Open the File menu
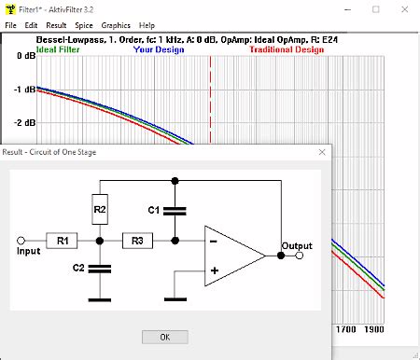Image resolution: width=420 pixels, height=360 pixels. (x=11, y=25)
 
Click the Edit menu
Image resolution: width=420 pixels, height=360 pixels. (x=32, y=25)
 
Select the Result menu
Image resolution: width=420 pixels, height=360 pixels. (x=56, y=25)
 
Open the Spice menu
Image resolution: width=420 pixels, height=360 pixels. (x=84, y=25)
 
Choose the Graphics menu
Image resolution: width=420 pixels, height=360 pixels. (x=116, y=25)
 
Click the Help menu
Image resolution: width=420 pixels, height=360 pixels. (x=147, y=25)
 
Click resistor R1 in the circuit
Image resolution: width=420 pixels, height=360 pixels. (x=63, y=241)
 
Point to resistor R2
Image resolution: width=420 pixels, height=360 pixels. (x=100, y=211)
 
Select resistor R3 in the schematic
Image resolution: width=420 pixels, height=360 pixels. (x=137, y=241)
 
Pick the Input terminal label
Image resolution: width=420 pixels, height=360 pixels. (x=29, y=252)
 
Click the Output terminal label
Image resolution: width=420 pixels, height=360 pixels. (x=297, y=246)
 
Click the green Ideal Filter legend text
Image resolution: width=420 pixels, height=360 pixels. (x=58, y=49)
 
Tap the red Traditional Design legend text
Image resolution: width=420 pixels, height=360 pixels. (x=286, y=49)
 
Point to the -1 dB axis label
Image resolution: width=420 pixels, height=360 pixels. (x=25, y=90)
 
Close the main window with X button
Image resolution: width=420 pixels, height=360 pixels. (x=400, y=8)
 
